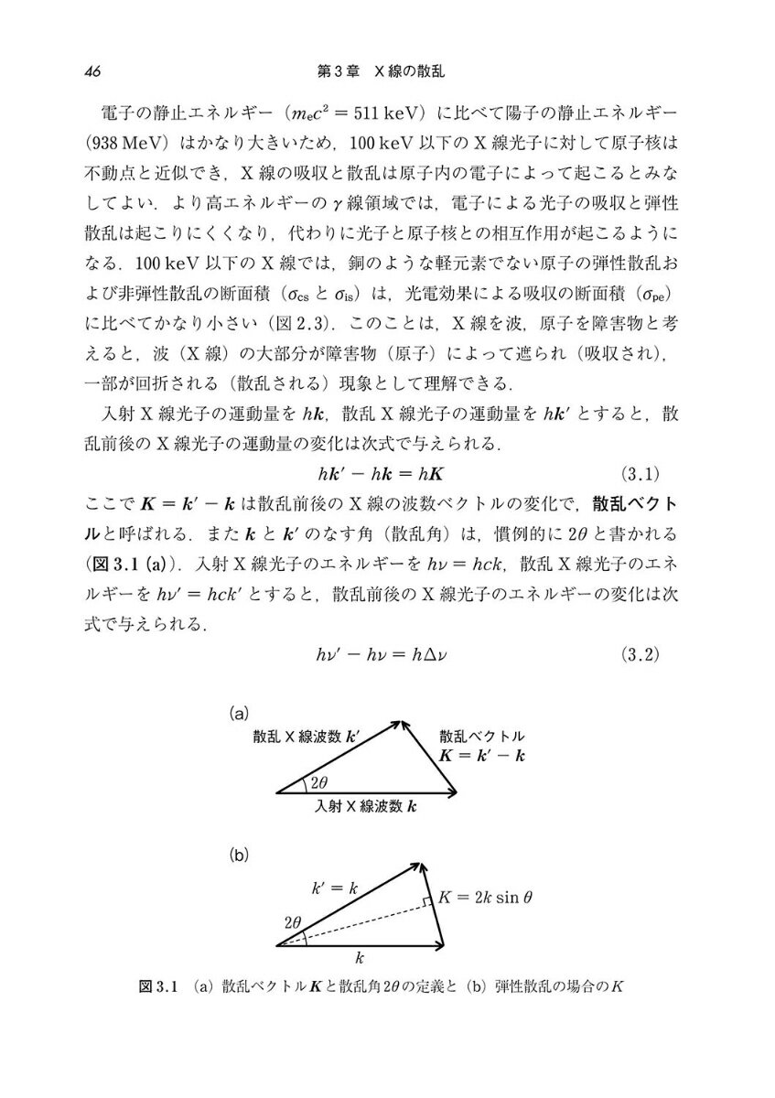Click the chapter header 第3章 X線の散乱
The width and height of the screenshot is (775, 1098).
point(386,70)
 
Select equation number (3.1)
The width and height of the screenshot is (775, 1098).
point(640,473)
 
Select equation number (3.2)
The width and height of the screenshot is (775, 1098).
point(640,654)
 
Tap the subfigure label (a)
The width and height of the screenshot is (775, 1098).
point(239,710)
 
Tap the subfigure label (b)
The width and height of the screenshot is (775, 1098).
point(239,856)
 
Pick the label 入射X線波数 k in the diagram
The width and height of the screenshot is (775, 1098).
point(366,807)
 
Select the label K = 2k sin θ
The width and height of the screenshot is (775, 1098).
point(485,898)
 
